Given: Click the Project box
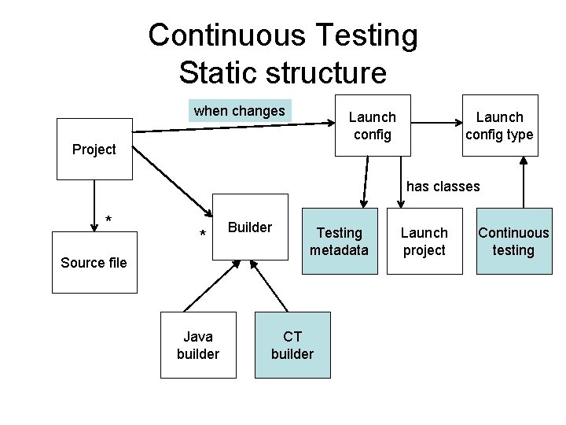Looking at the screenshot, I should pos(94,149).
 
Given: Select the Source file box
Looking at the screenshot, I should pos(94,263).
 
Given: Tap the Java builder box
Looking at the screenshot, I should pos(198,346).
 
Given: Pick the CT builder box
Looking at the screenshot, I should pos(292,346).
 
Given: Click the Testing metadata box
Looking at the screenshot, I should pos(339,242).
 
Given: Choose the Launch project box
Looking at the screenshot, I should pos(424,242).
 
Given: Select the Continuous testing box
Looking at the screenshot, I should pos(513,242).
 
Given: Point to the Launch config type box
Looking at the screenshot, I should pos(499,126).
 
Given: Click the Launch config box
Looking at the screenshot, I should pos(372,126).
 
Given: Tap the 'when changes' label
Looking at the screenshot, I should pos(240,111).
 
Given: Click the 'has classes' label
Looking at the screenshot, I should pos(443,187).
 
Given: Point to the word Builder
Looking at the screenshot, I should pos(250,227).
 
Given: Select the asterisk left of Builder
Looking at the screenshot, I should pos(203,235).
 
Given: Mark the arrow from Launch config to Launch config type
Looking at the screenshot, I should pos(437,122).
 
